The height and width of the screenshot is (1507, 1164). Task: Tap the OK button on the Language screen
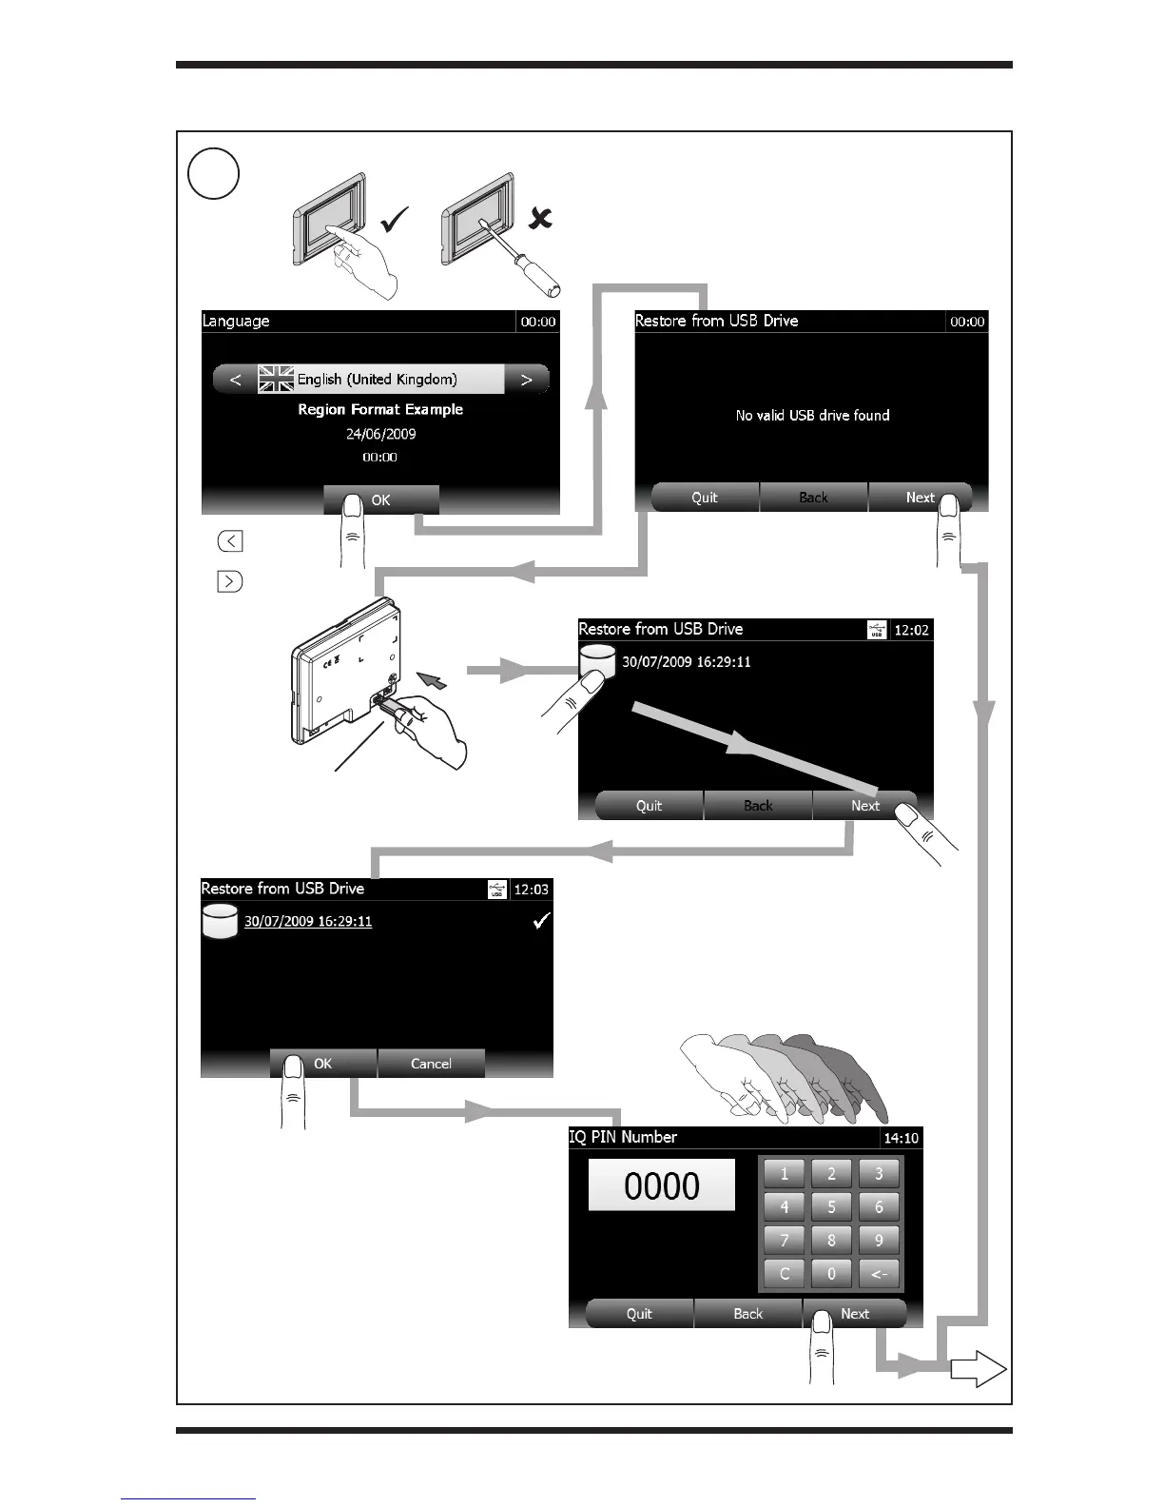click(381, 499)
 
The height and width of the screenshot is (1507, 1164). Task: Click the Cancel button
click(431, 1064)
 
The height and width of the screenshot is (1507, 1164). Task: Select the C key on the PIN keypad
click(785, 1273)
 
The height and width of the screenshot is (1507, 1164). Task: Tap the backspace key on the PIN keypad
click(879, 1273)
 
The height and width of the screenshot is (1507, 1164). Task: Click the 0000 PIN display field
click(662, 1185)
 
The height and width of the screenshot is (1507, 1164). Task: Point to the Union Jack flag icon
click(276, 379)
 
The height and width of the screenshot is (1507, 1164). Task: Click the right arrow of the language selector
click(526, 379)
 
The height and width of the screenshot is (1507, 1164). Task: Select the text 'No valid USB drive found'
click(812, 415)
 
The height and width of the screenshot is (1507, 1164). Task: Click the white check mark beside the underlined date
click(541, 920)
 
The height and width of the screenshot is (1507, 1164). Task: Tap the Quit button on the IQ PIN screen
click(639, 1314)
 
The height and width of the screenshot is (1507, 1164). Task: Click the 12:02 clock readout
click(912, 630)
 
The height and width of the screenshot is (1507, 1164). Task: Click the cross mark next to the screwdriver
click(540, 219)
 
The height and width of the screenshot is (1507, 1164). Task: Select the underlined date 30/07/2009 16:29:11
click(308, 921)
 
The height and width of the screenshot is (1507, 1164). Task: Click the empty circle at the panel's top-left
click(213, 173)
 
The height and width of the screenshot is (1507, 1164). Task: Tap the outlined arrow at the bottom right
click(979, 1370)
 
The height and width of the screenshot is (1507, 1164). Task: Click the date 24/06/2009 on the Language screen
click(380, 434)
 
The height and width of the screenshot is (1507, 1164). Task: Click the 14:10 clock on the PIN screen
click(901, 1138)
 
